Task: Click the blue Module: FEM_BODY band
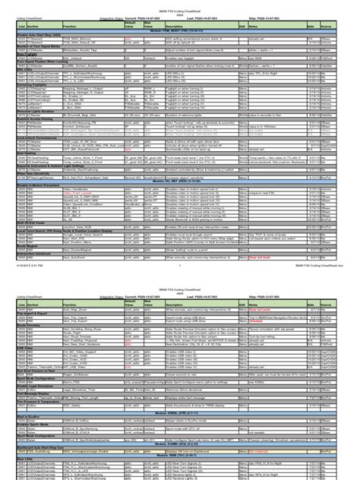(180, 30)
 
